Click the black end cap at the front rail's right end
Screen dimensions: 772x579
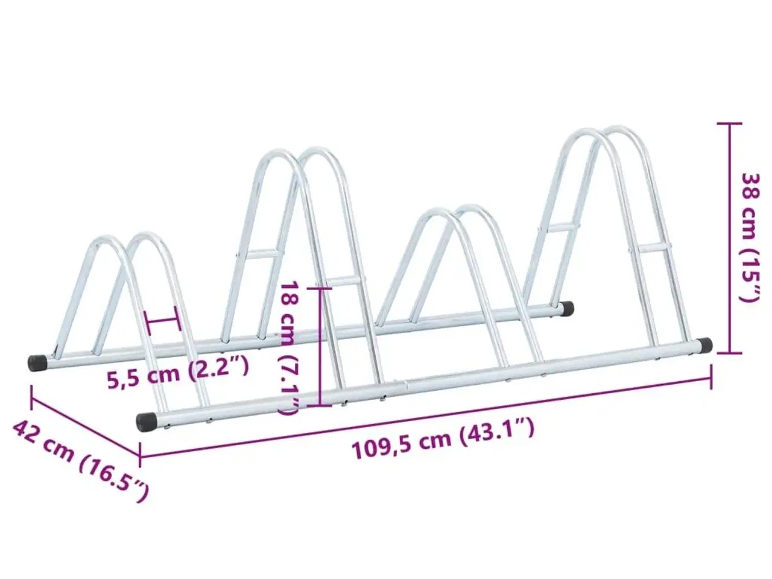[x=704, y=344]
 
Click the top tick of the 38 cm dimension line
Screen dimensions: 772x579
[x=729, y=124]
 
